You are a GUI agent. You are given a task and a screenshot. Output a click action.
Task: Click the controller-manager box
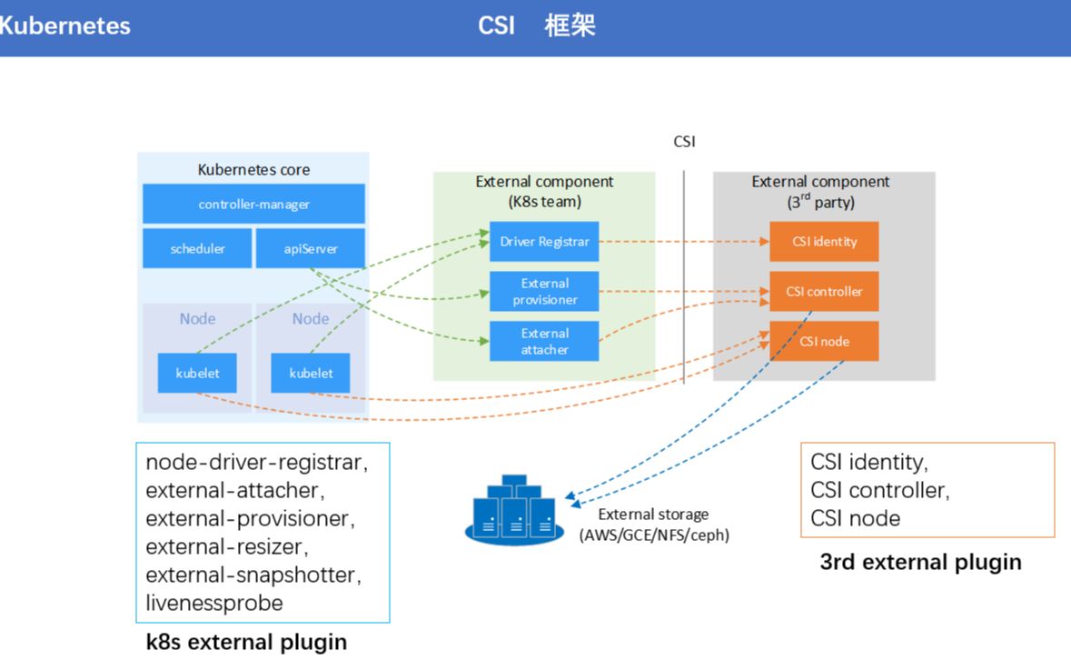[253, 204]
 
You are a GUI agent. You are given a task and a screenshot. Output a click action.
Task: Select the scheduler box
[197, 248]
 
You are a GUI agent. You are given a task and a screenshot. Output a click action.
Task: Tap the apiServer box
[310, 248]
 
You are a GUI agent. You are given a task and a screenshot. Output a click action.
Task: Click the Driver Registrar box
[544, 242]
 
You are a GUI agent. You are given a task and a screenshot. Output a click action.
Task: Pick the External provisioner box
[544, 292]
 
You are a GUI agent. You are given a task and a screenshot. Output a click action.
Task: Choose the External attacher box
[544, 341]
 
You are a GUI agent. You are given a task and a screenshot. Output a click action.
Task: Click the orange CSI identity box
[824, 242]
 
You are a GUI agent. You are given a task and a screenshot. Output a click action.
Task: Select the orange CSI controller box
[824, 292]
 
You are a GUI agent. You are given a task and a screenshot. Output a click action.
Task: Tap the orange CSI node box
[824, 341]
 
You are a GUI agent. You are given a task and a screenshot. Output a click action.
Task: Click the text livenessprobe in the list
[214, 603]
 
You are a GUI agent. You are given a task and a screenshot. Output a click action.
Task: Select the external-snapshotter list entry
[253, 575]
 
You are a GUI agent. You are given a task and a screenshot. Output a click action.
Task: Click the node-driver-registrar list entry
[256, 462]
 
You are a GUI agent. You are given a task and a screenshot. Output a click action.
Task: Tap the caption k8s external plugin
[246, 642]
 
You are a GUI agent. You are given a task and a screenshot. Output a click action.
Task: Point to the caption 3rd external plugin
[920, 562]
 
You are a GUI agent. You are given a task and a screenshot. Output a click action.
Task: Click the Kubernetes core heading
[253, 170]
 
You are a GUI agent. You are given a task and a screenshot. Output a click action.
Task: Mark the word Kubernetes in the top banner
[64, 25]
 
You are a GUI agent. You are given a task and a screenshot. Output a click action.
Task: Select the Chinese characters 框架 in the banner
[570, 25]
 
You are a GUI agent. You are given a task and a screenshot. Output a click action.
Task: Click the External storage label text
[653, 515]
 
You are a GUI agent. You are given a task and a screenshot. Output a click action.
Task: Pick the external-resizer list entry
[227, 546]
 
